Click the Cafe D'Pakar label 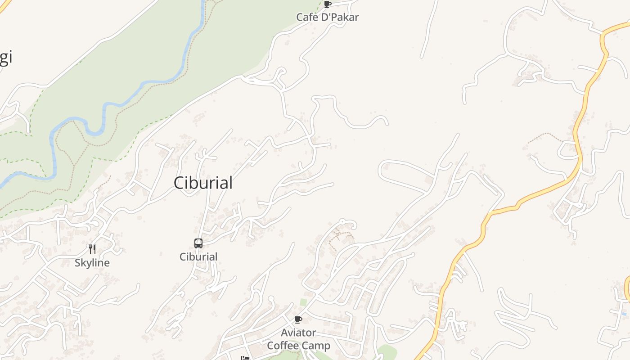(327, 17)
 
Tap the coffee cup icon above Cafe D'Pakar (328, 4)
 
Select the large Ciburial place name (203, 183)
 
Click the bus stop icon (198, 243)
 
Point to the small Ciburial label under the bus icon (198, 257)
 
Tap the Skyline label (92, 263)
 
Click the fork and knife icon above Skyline (92, 249)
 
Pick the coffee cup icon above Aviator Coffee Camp (298, 320)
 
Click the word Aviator (298, 333)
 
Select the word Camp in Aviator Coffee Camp (315, 346)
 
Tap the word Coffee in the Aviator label (282, 346)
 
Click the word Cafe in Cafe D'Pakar (306, 17)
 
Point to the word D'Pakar (338, 17)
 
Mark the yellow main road (531, 198)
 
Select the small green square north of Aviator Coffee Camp (303, 302)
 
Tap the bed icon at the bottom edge (245, 358)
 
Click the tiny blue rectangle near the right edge (624, 314)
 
